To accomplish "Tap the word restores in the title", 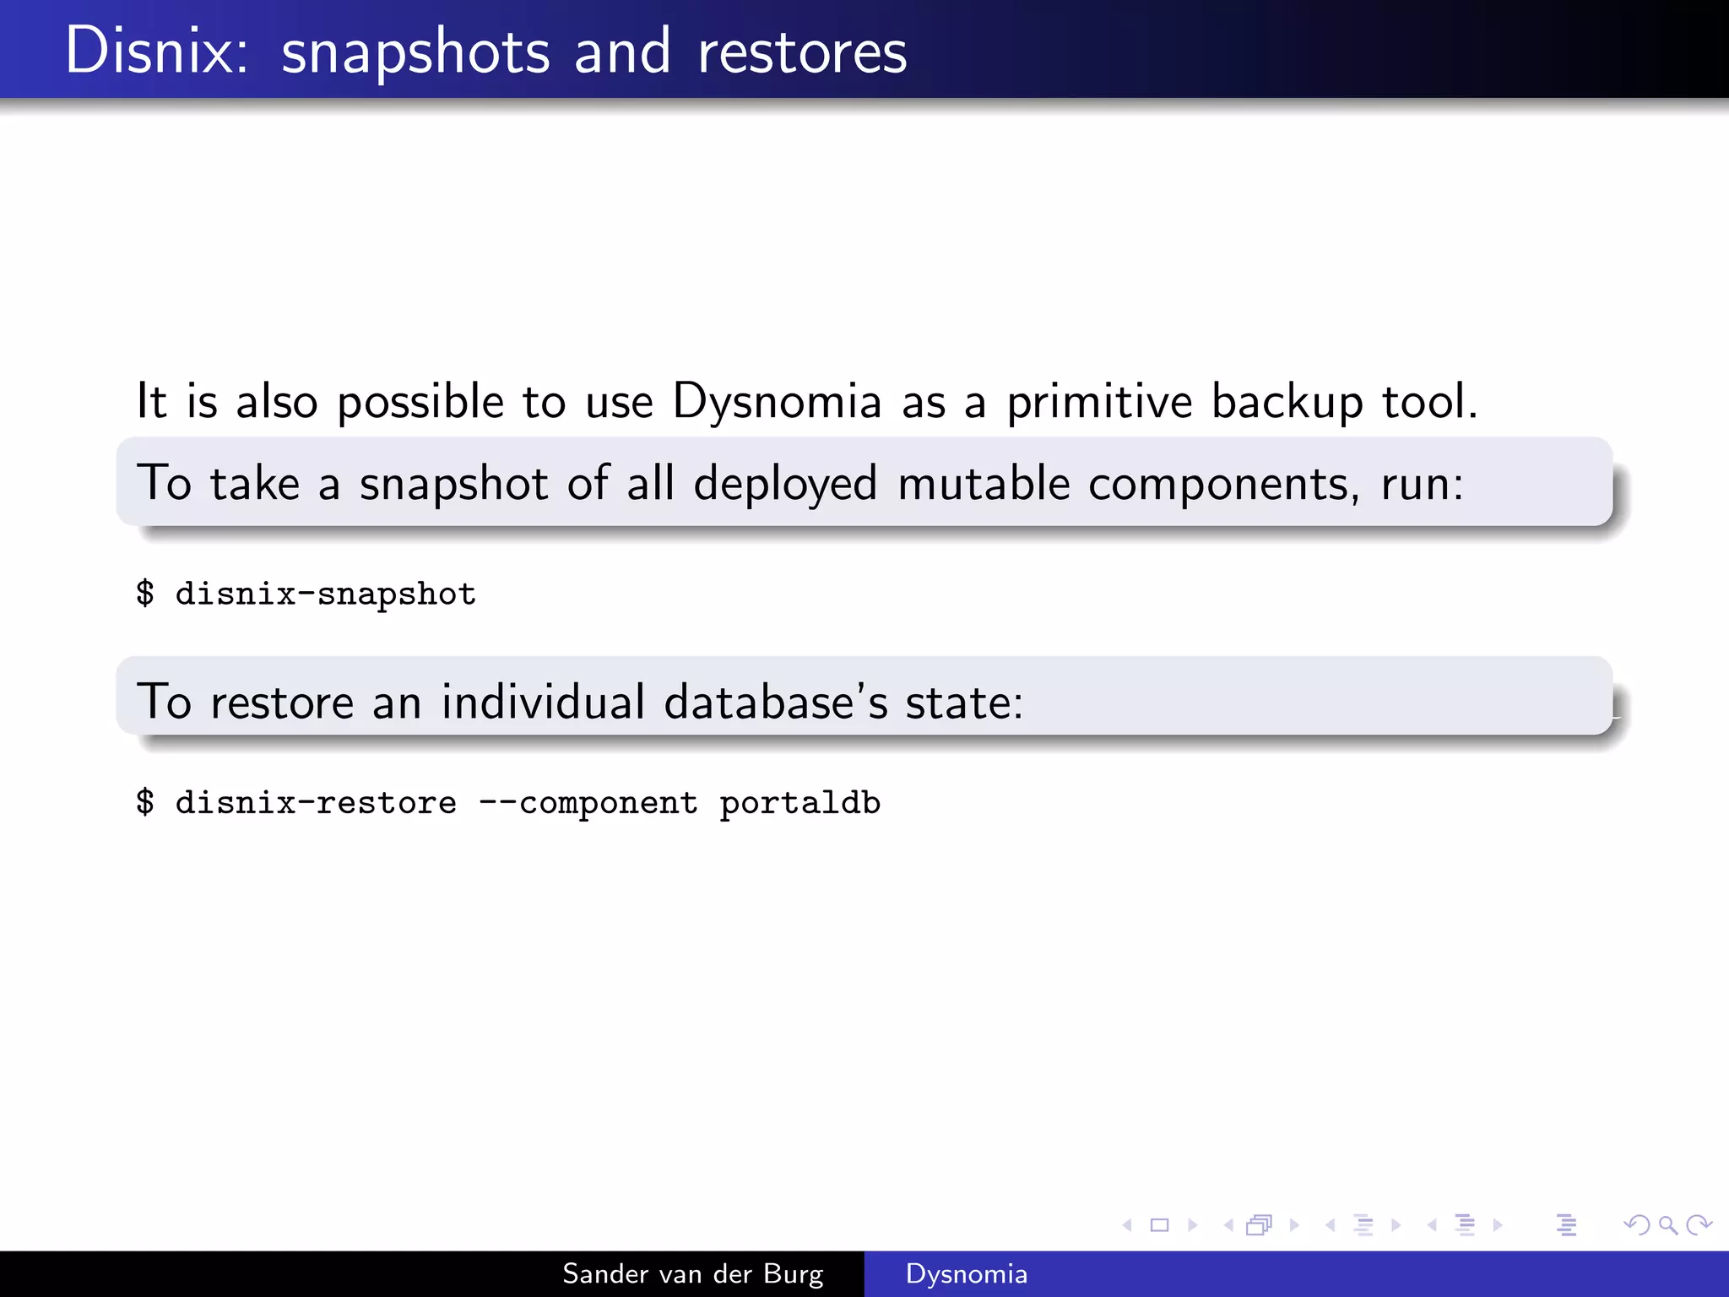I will pos(802,52).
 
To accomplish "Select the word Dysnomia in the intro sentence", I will pos(777,402).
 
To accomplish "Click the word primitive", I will pos(1099,402).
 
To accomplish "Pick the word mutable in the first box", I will pos(984,484).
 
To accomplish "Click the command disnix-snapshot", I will pos(325,594).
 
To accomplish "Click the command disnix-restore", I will pos(316,802).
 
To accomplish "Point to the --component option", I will pos(588,803).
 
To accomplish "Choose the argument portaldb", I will pos(799,803).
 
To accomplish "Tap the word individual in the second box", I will pos(543,702).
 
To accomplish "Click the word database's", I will pos(776,702).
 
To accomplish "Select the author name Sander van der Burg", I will pos(692,1274).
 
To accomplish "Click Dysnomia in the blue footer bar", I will pos(966,1274).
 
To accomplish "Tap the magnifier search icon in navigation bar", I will pos(1667,1224).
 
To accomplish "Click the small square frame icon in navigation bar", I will pos(1159,1224).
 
